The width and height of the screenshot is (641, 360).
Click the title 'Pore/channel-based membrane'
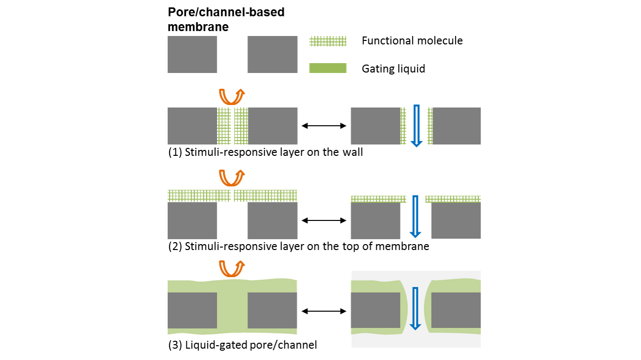pos(226,19)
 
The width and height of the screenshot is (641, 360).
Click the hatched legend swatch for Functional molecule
pos(328,41)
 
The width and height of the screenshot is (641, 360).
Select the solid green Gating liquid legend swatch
pos(328,68)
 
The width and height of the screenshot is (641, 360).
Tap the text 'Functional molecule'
pos(412,41)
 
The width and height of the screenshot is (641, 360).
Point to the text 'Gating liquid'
pos(393,69)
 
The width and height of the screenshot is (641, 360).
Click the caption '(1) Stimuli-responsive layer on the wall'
pos(265,152)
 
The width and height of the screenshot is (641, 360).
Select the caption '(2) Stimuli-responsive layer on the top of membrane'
pos(298,246)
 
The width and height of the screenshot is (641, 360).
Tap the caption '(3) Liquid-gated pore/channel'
pos(242,345)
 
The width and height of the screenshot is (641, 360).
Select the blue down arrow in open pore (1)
pos(417,126)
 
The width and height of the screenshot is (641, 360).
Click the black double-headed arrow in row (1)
pos(324,126)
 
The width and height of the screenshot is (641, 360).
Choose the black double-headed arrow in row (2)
pos(324,220)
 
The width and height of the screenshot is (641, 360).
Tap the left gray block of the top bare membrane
pos(192,54)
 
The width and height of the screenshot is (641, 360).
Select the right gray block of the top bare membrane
pos(272,54)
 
